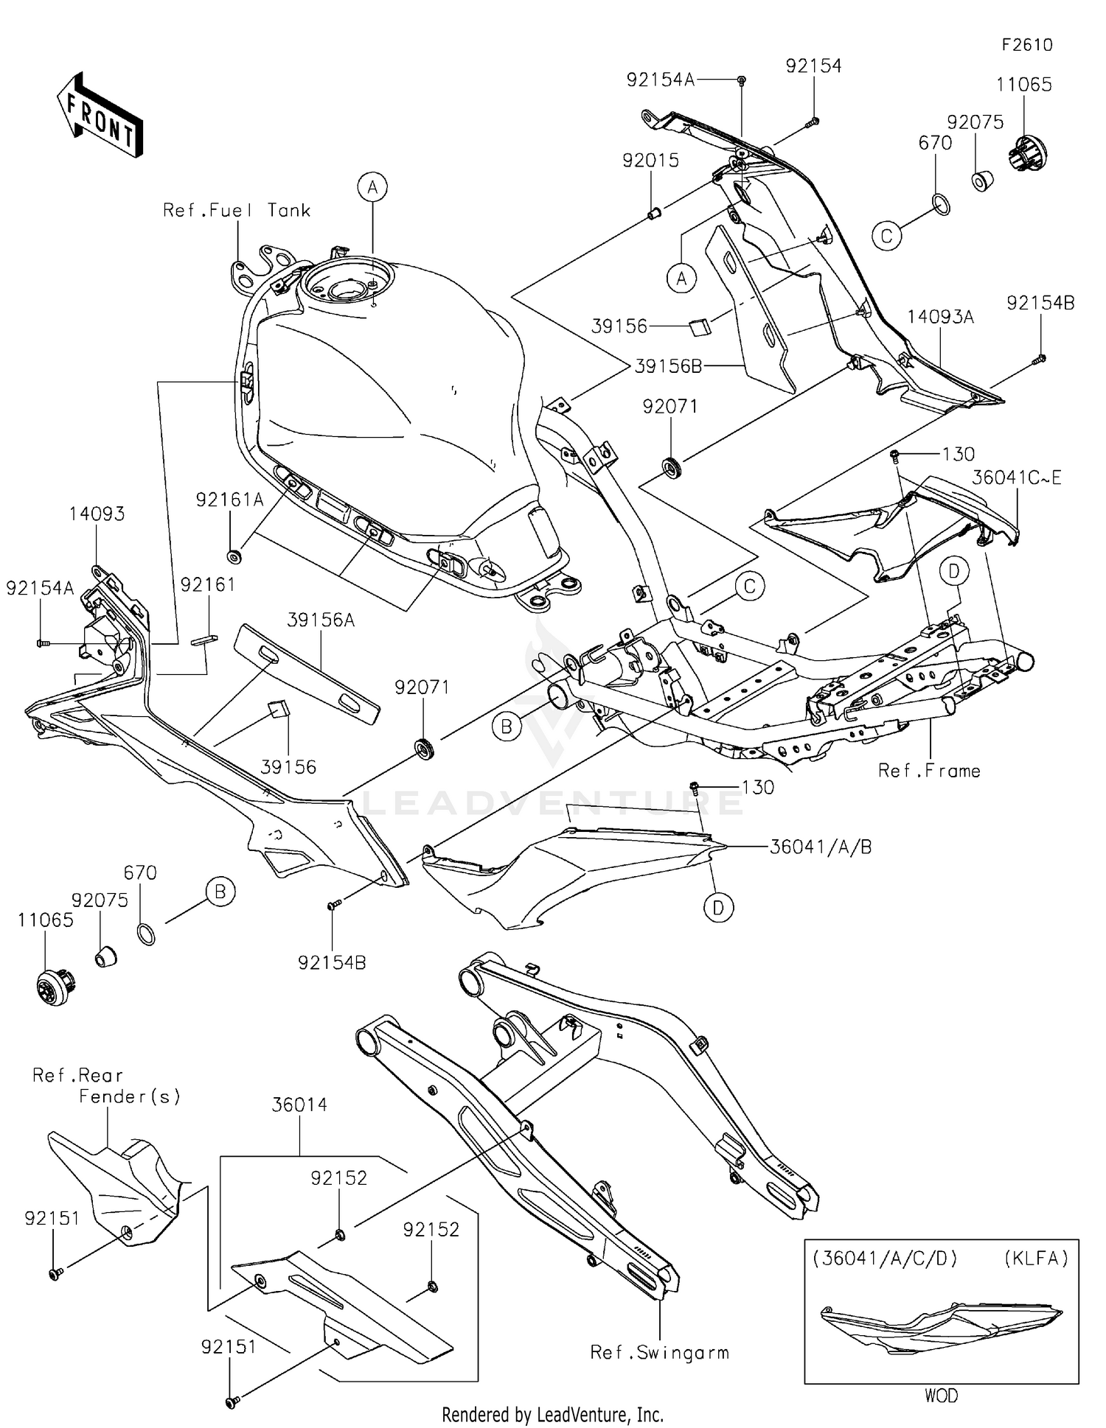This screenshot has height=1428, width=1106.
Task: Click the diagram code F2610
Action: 1026,45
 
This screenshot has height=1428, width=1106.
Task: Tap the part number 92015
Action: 650,161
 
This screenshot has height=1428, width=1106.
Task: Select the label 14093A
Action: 940,317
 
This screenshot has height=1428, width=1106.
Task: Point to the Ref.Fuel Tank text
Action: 237,211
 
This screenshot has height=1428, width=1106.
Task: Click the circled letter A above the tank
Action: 372,187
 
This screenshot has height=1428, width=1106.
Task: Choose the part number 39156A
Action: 321,620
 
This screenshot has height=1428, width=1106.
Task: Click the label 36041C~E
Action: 1016,477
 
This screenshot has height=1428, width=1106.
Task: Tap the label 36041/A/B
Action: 821,847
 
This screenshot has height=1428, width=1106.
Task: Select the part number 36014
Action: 299,1105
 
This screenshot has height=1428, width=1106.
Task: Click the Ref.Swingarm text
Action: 659,1352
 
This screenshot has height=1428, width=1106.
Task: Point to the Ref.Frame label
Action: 929,771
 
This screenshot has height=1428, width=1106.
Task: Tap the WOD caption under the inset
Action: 941,1396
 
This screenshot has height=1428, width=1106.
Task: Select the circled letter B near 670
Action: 220,892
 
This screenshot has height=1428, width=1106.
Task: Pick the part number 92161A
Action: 229,500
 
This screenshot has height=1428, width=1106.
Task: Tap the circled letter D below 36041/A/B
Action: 718,908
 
